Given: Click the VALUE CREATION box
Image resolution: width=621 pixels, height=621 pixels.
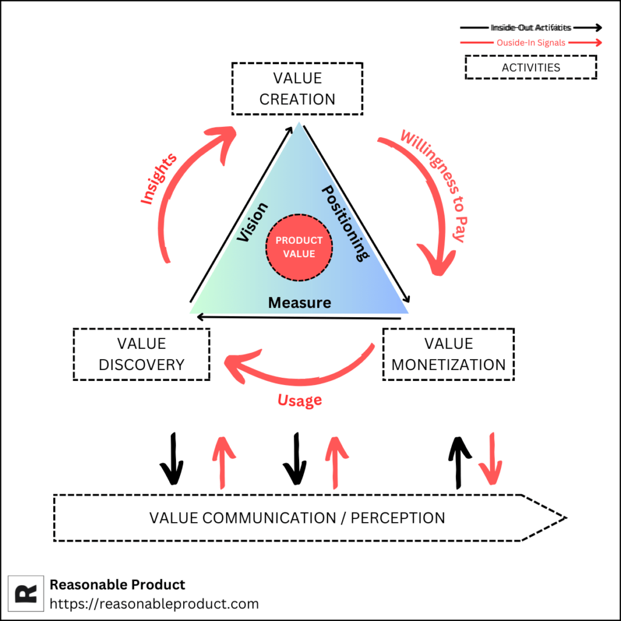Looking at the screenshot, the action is [x=297, y=89].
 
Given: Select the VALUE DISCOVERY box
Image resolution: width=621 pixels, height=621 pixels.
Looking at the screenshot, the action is [x=141, y=354].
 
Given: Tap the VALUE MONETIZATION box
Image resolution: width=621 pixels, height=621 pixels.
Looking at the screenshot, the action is [x=448, y=354].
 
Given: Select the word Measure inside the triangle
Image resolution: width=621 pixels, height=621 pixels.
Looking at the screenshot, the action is [x=300, y=302].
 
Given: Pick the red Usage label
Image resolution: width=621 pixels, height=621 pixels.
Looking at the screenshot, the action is [x=300, y=400].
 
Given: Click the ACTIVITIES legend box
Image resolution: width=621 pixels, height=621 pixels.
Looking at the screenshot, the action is [x=531, y=67].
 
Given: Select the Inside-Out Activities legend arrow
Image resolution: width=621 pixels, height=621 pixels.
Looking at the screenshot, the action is [x=531, y=27].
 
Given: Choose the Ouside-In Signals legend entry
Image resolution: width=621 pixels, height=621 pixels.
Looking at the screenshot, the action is [x=531, y=42].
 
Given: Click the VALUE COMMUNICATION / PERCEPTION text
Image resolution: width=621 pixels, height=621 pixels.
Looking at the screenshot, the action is [x=297, y=518].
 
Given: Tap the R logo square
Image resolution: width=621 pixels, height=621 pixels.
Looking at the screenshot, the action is [x=26, y=593].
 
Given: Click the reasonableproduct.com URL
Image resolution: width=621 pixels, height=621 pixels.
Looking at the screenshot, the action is [x=154, y=604].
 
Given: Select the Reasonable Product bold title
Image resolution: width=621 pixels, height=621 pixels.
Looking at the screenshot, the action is [x=117, y=585].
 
